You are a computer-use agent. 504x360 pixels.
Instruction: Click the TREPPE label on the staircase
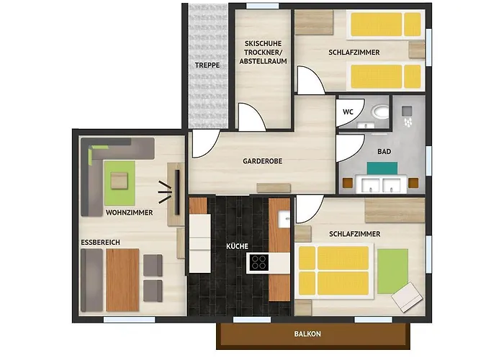[x=207, y=66]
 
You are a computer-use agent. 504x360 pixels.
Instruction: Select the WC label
[x=348, y=112]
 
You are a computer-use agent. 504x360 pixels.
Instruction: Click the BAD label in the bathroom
[x=384, y=153]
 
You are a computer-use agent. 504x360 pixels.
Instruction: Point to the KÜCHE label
[x=238, y=246]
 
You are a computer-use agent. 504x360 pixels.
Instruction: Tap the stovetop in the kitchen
[x=258, y=262]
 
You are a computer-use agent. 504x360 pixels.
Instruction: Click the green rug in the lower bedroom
[x=393, y=270]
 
